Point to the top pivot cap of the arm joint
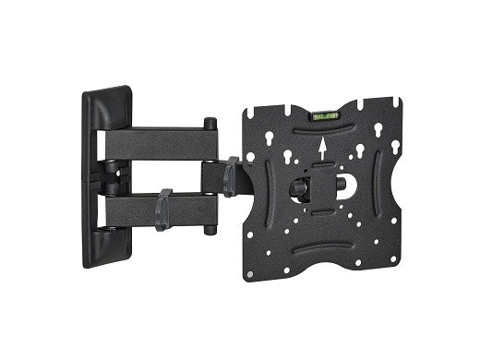click(x=211, y=121)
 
